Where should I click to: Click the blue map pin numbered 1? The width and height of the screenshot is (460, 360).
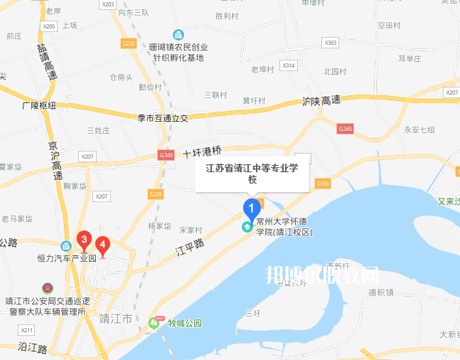(251, 208)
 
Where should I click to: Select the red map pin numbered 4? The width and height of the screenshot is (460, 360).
(103, 246)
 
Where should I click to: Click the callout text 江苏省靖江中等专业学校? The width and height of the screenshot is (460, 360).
(252, 174)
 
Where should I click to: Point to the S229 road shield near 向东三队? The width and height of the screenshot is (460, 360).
(129, 43)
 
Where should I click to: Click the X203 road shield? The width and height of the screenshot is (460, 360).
(108, 5)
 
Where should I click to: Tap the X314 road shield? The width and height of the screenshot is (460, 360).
(288, 65)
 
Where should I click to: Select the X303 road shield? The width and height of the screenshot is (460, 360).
(331, 43)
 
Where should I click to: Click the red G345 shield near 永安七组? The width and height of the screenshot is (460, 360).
(346, 128)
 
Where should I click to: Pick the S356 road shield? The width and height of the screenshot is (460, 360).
(323, 184)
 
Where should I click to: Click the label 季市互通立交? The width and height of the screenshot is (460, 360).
(163, 118)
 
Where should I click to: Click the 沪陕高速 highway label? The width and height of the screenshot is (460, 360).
(321, 102)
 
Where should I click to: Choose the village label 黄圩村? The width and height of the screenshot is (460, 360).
(254, 100)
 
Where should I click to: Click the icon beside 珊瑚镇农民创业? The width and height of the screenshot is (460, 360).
(178, 34)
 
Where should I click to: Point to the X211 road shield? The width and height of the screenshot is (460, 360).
(27, 330)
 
